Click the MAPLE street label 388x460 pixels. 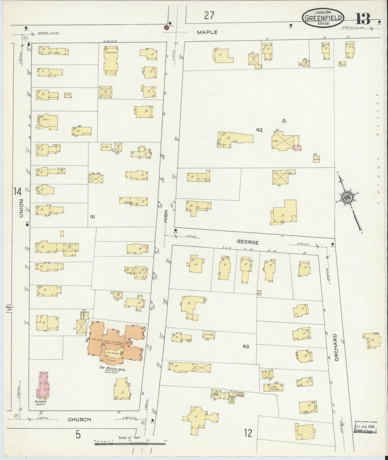tap(207, 32)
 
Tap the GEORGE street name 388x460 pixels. tap(248, 242)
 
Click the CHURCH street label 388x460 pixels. tap(79, 419)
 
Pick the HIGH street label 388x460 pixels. tap(166, 216)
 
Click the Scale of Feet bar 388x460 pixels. tap(130, 444)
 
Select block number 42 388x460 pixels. tap(259, 130)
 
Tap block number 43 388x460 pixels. tap(245, 346)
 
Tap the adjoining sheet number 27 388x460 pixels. tap(209, 16)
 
